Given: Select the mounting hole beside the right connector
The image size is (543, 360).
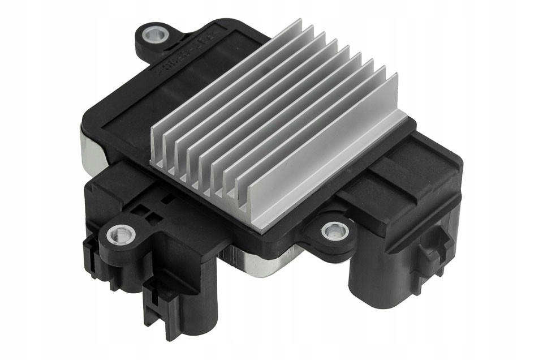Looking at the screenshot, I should pos(335,230).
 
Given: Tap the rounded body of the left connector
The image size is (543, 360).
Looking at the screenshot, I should pos(187,294).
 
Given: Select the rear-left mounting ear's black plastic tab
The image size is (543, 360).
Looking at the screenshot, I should pos(141,45).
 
